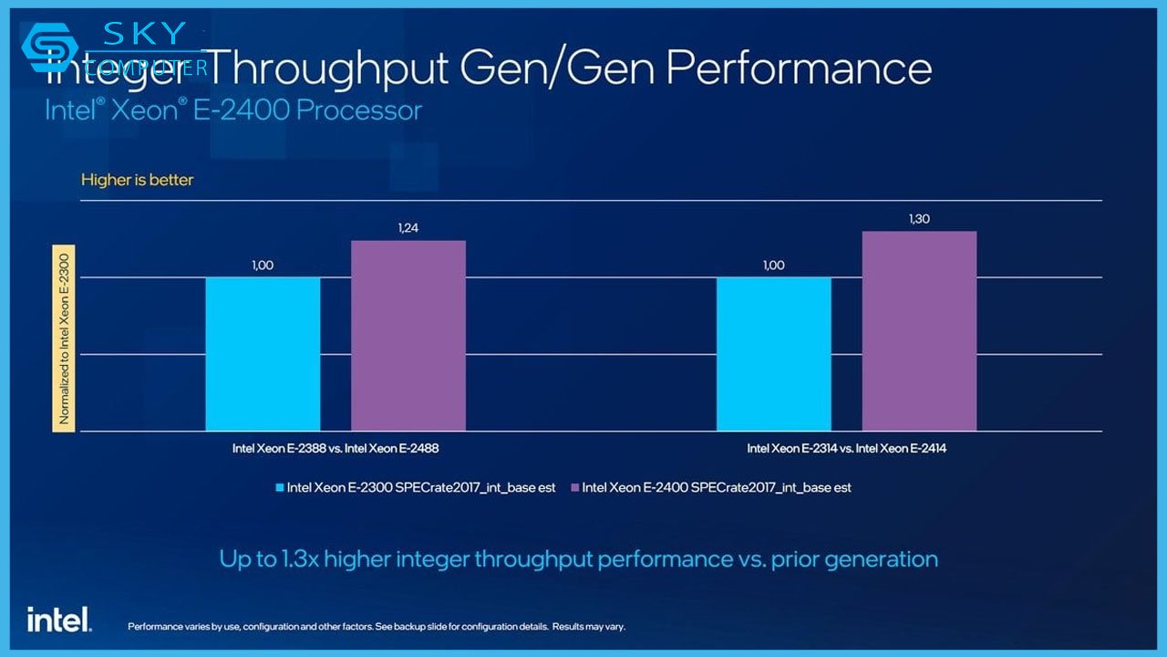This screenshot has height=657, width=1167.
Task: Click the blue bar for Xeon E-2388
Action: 263,353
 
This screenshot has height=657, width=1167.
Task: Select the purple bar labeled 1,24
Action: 408,335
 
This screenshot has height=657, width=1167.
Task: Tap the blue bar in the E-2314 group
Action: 773,353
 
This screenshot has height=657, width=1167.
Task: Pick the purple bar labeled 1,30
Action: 919,330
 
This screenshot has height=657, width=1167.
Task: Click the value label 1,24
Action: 408,228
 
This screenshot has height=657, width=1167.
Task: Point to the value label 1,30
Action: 919,219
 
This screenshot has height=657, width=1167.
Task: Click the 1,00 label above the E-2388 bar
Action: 263,266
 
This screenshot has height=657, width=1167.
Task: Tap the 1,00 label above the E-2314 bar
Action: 773,266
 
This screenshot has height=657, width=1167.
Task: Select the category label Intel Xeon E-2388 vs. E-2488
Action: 336,449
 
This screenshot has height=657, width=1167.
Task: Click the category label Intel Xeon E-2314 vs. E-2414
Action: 846,449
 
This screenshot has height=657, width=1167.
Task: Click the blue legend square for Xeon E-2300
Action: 280,488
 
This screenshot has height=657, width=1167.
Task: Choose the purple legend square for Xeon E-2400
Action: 574,488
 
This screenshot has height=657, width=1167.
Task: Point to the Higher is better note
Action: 137,180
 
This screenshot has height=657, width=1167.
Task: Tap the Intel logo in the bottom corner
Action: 58,620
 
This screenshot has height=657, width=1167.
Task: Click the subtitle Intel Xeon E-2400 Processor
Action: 233,111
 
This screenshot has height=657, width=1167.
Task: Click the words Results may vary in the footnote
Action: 589,627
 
